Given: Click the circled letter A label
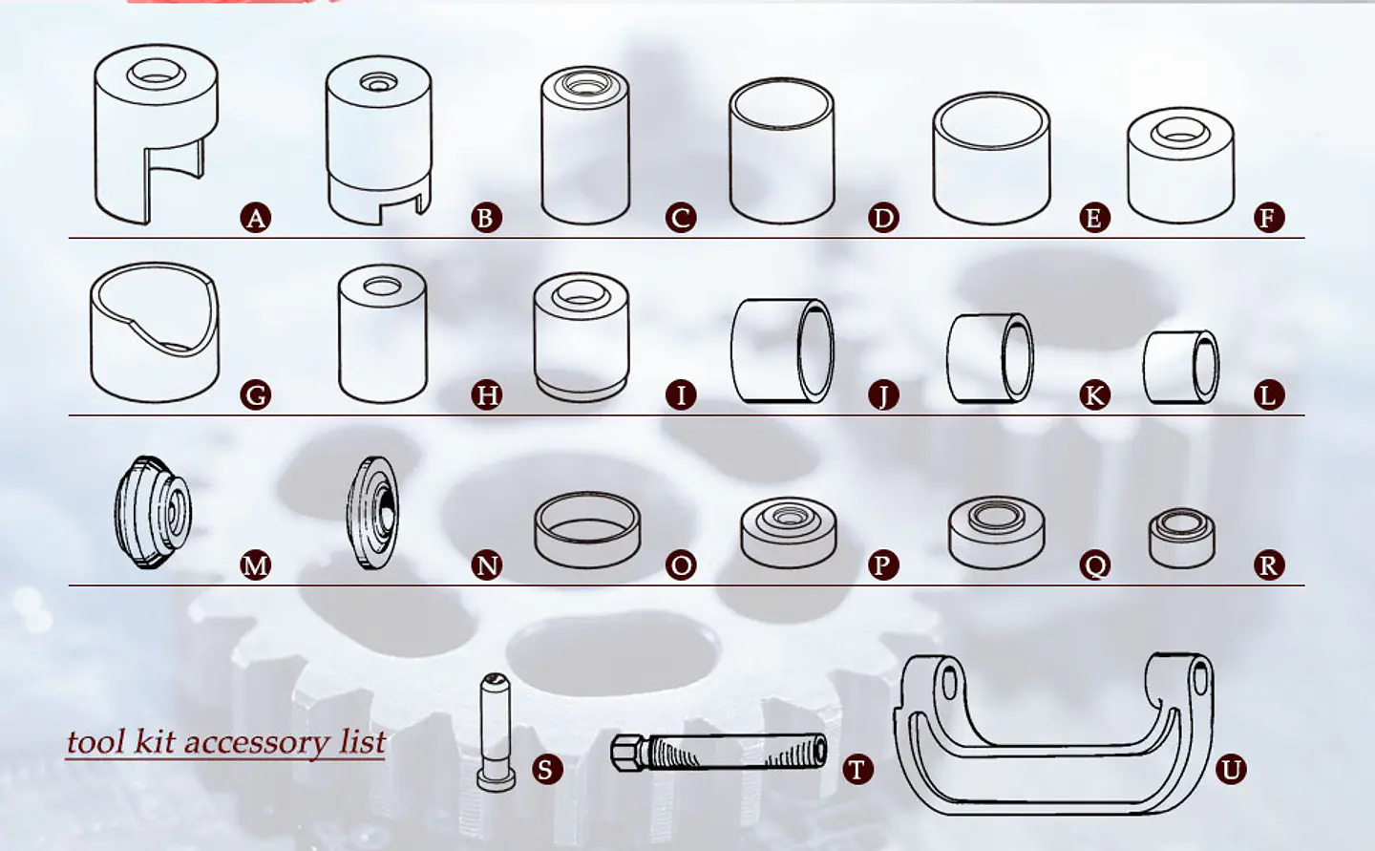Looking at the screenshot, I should [255, 218].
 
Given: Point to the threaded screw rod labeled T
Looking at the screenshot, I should [726, 753].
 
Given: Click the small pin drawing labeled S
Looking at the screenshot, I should [496, 731].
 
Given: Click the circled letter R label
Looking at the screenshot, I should [1268, 565].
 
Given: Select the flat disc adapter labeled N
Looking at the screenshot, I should [371, 512].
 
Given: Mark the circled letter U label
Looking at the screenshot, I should [1231, 769].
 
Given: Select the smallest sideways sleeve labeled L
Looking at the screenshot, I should [1181, 367].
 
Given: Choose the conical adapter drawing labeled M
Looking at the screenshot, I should [153, 512].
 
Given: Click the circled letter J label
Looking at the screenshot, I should [883, 394].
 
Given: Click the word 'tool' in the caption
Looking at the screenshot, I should [95, 742].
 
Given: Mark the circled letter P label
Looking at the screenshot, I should [883, 565].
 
